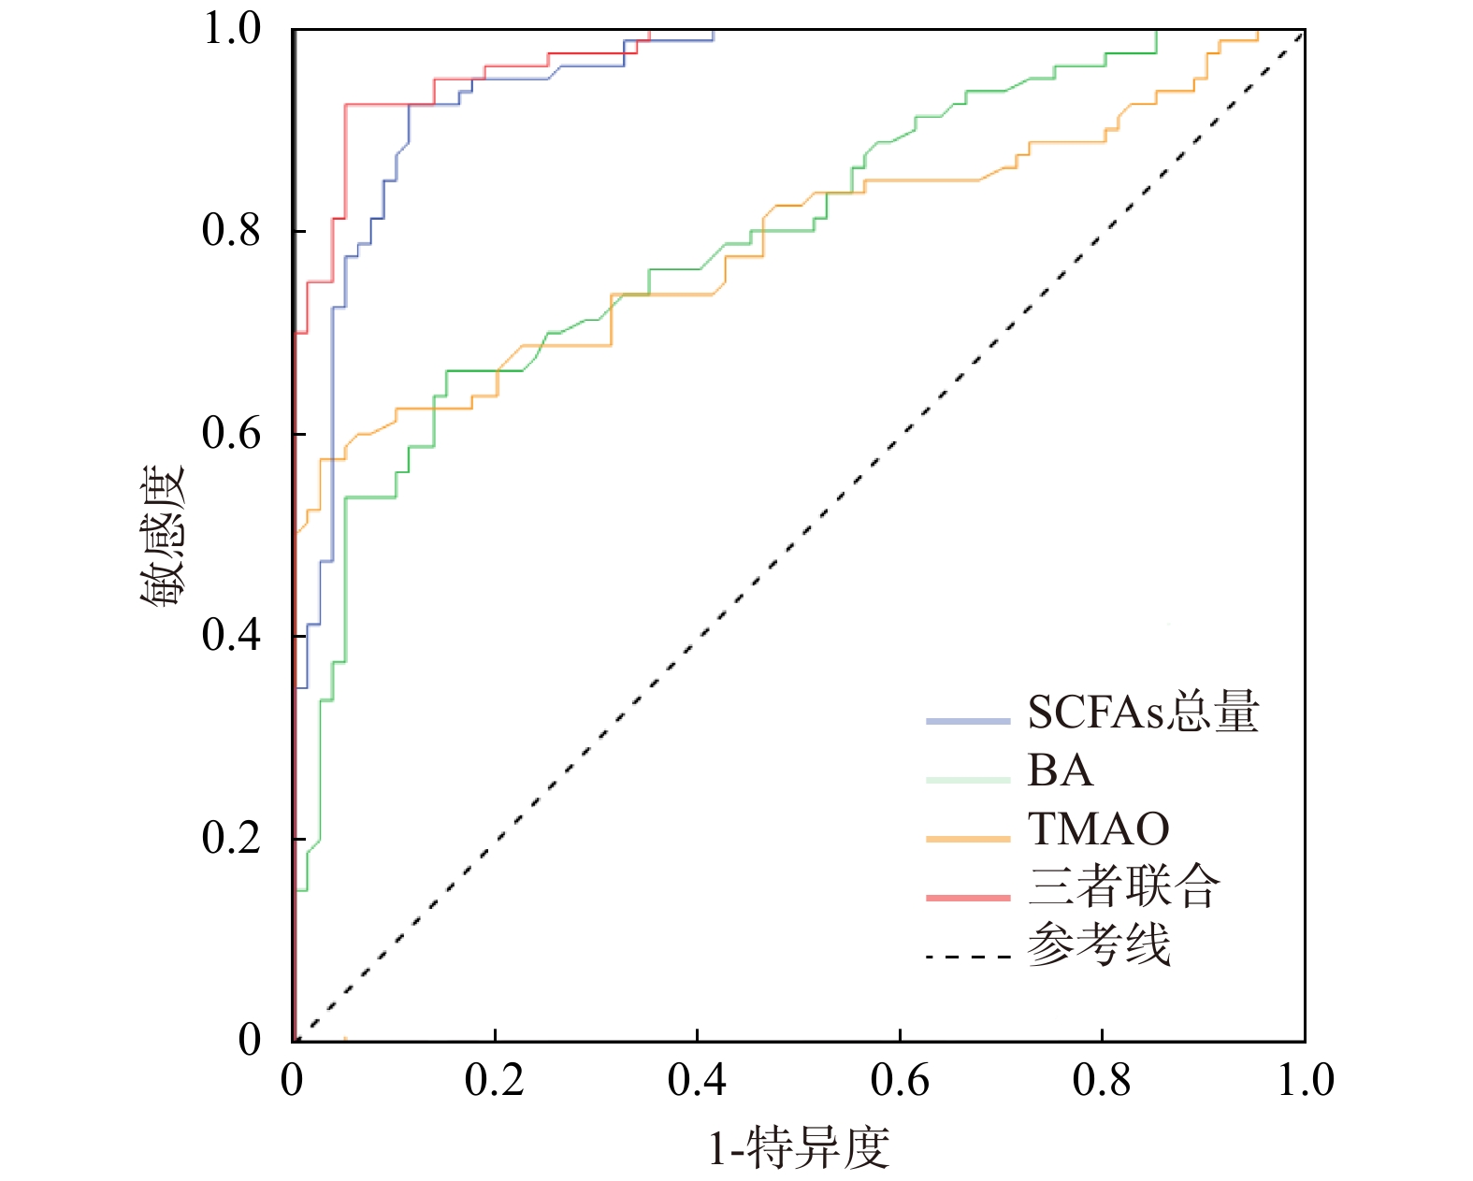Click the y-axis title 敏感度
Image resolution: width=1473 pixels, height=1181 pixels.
pos(164,535)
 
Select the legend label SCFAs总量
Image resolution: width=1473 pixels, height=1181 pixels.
pos(1143,713)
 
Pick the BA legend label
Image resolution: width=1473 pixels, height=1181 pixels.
pos(1060,771)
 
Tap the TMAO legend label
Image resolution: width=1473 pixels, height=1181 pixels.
pos(1098,828)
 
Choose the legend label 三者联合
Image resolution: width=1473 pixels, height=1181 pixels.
pos(1124,886)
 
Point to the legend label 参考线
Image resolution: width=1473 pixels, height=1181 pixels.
pos(1099,944)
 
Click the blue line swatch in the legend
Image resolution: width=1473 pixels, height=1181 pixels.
pos(968,721)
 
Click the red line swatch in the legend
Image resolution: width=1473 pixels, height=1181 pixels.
pos(968,898)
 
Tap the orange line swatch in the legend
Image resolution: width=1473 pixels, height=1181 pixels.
pos(968,839)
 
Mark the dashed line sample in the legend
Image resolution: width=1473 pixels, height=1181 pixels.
pos(968,957)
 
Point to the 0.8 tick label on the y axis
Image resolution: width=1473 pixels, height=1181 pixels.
pos(231,230)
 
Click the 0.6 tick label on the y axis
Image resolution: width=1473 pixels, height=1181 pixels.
pos(231,433)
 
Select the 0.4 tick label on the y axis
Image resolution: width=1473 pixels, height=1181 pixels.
pos(231,635)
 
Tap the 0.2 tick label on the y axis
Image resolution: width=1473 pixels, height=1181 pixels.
pos(231,838)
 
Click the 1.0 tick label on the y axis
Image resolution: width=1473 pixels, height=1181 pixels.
pos(231,28)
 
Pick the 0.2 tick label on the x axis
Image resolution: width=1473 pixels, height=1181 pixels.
pos(494,1081)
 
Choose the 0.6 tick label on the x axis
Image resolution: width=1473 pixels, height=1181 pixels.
pos(899,1081)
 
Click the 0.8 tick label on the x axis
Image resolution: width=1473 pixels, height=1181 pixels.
pos(1101,1081)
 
